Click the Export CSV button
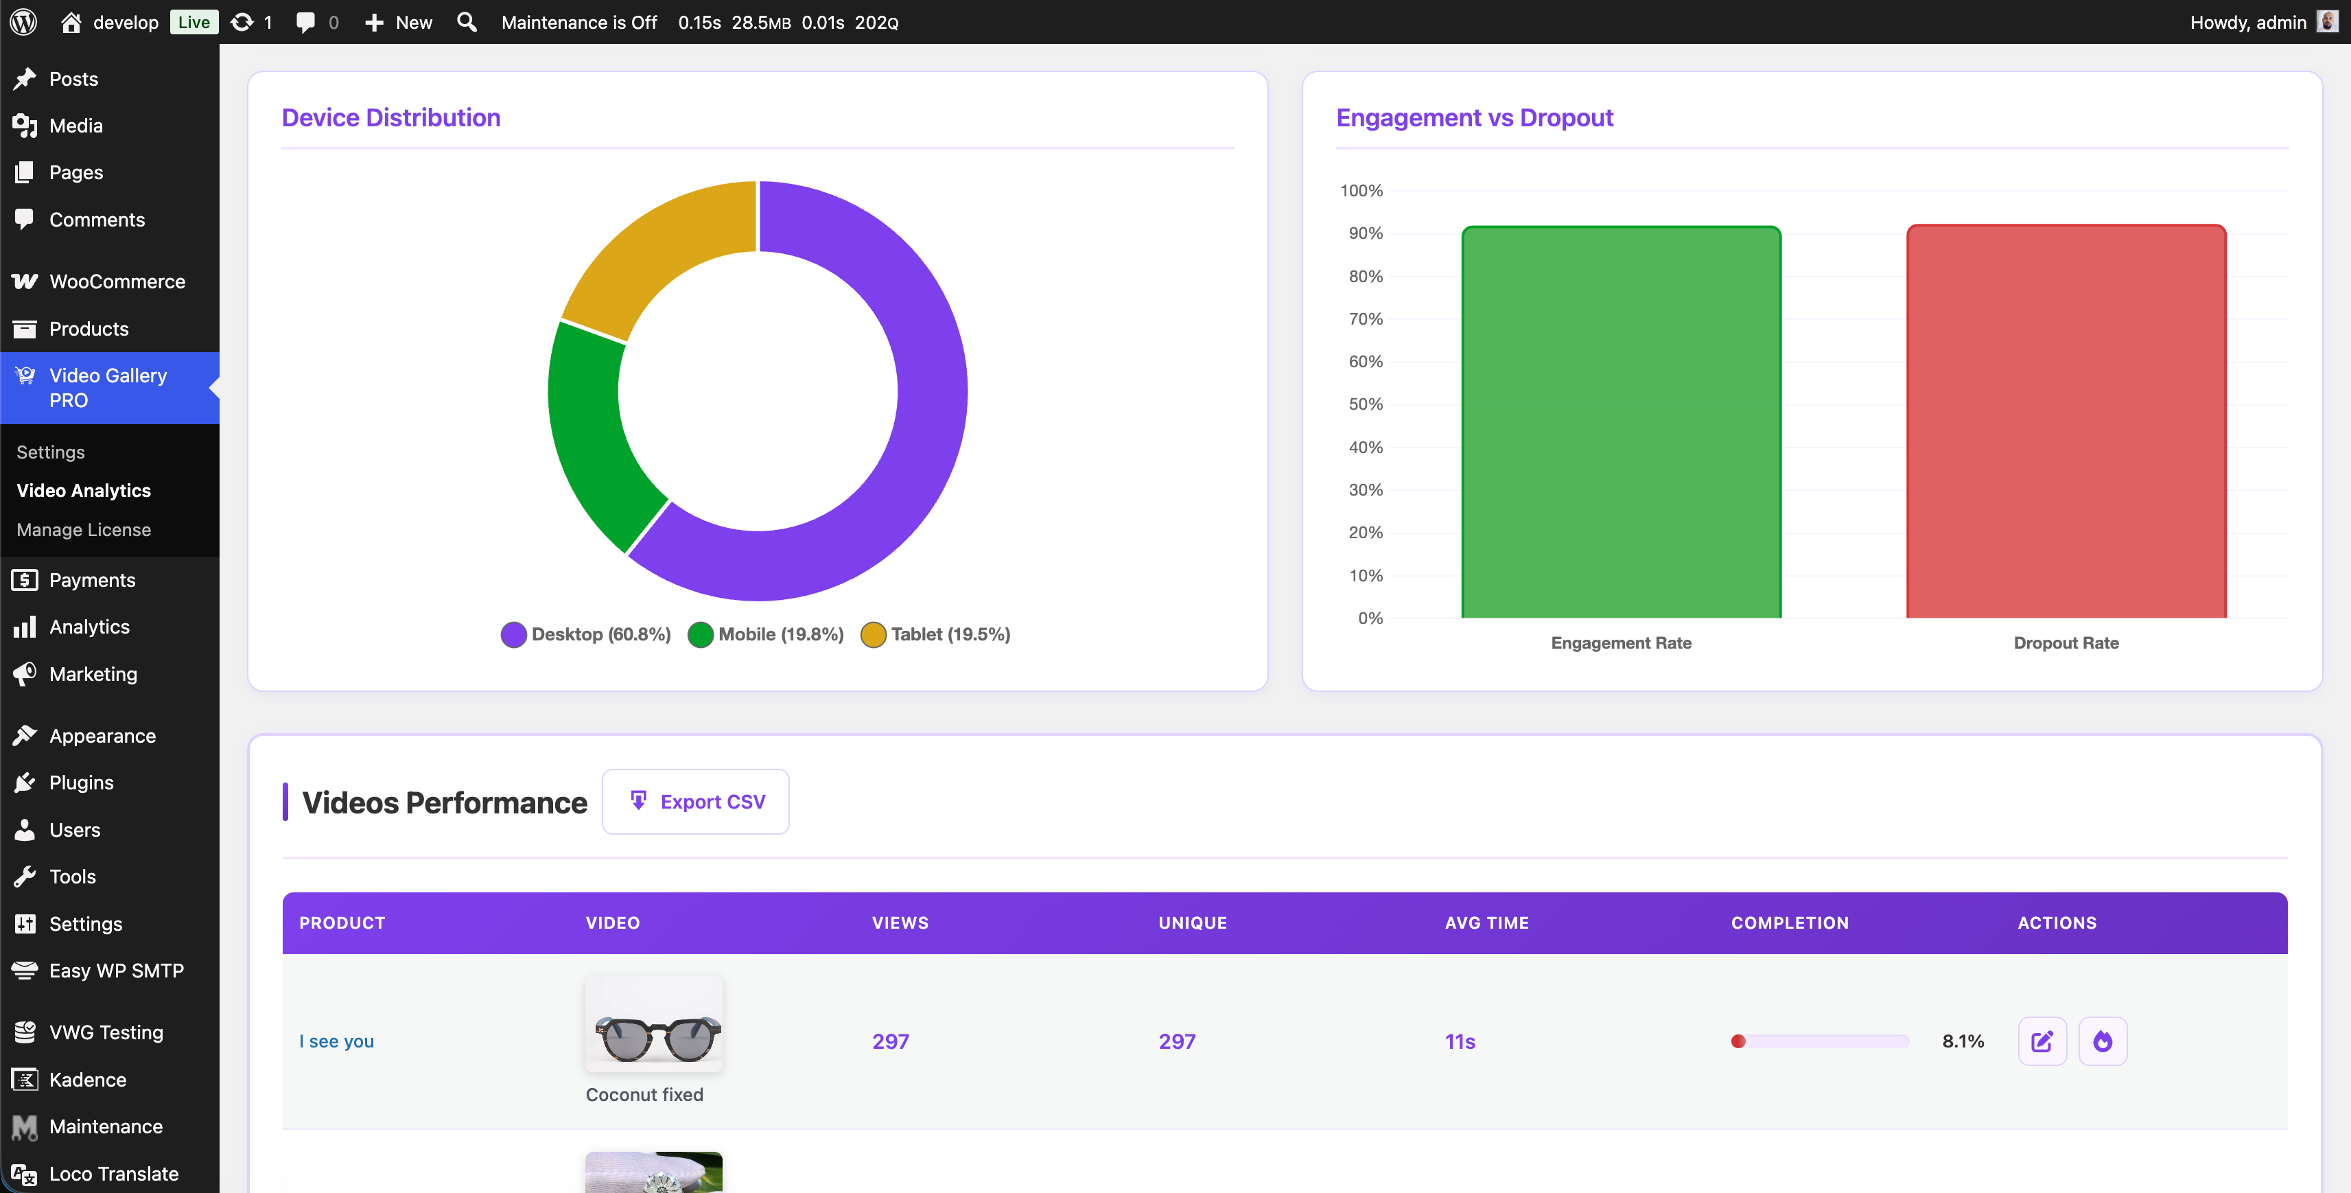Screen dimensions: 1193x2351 [697, 802]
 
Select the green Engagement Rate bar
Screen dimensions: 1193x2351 [1621, 421]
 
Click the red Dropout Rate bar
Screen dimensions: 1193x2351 [2066, 421]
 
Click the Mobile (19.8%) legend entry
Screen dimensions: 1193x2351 [766, 634]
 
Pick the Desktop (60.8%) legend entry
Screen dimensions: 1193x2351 [586, 634]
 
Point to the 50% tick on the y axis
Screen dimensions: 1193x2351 [1366, 404]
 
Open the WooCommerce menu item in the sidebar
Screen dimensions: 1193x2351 [117, 281]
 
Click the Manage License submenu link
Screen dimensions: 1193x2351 [84, 529]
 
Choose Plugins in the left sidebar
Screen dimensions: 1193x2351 [81, 783]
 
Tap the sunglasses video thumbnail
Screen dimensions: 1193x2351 [653, 1024]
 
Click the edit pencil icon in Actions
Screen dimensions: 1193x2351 [2042, 1041]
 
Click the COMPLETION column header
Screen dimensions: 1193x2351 [1789, 923]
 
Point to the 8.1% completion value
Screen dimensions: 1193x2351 [1962, 1041]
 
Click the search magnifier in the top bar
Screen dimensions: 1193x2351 [467, 22]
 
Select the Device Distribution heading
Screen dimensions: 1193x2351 [390, 118]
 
